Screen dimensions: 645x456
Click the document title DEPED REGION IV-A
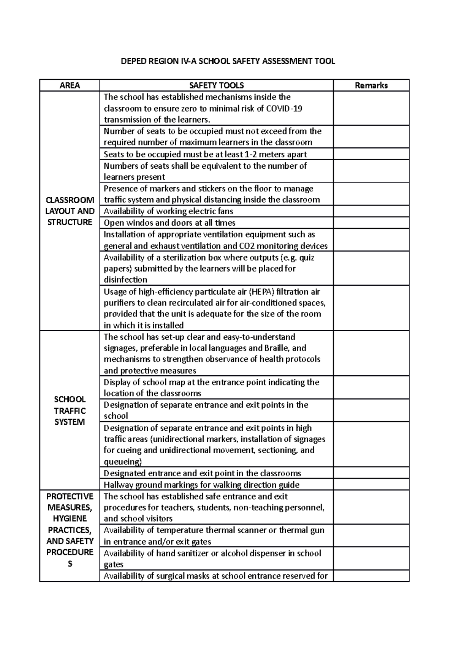[x=228, y=61]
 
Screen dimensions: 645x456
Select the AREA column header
[x=70, y=85]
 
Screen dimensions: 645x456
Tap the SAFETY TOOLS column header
[x=216, y=85]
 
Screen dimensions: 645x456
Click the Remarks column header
[x=371, y=85]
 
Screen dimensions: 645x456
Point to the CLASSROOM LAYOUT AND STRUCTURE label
[x=70, y=211]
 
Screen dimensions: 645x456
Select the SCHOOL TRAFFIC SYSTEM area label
[x=70, y=411]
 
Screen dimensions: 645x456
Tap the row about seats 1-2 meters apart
[x=205, y=154]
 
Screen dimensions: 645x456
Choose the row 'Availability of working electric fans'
[x=168, y=211]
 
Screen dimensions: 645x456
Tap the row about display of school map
[x=211, y=387]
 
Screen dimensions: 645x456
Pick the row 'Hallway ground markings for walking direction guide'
[x=201, y=485]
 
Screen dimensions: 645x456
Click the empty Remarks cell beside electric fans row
[x=371, y=211]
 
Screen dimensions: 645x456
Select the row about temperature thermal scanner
[x=214, y=536]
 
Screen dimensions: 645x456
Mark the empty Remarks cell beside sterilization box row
[x=371, y=268]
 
